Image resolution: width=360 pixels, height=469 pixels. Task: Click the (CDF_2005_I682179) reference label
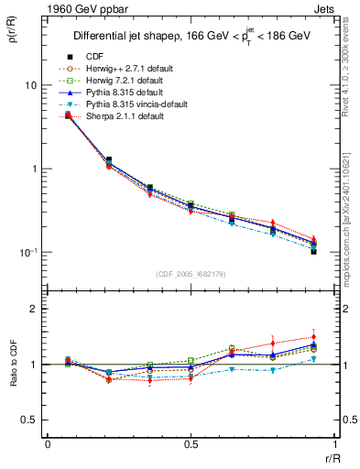191,274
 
